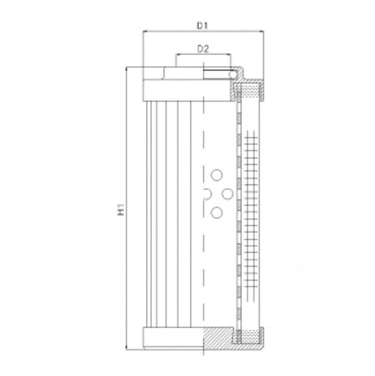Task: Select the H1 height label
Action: (x=120, y=211)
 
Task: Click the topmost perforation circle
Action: (x=216, y=173)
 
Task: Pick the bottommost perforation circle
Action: (x=216, y=213)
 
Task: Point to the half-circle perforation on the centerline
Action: (x=205, y=193)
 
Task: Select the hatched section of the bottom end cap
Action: (x=218, y=335)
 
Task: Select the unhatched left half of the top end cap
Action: (x=172, y=88)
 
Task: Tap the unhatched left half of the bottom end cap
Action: (x=172, y=335)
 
